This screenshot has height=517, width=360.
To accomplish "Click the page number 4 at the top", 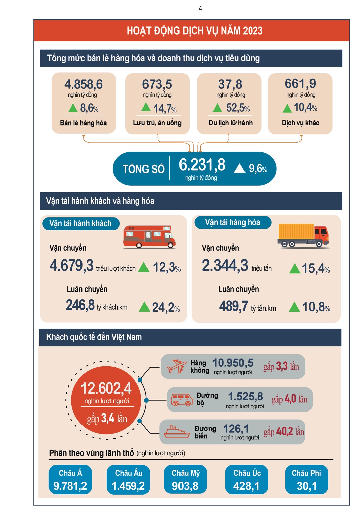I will tap(200, 9).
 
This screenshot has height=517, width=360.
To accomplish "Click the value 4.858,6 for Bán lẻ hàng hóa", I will tap(84, 84).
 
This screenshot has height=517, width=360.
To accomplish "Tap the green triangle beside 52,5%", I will tap(217, 108).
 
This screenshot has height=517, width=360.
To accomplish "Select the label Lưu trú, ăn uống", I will tap(157, 123).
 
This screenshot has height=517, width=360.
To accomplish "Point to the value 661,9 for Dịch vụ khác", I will tap(300, 84).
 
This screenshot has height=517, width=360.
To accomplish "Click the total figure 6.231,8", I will tap(202, 165).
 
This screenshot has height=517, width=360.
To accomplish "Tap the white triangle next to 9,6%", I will tap(239, 168).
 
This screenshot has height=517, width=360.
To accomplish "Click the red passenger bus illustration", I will tap(150, 237).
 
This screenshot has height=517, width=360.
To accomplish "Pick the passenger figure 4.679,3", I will tap(71, 266).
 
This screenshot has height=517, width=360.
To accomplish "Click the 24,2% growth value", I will tap(166, 307).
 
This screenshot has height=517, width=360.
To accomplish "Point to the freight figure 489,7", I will tap(234, 306).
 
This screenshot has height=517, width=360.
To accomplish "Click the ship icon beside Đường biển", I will tap(177, 432).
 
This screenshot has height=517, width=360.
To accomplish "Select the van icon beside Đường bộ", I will tap(182, 400).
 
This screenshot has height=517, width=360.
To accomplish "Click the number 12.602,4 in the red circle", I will tap(106, 389).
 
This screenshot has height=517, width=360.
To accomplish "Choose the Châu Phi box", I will tap(306, 480).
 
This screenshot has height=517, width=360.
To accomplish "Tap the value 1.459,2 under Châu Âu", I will tap(128, 486).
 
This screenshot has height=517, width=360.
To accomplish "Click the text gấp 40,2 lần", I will tap(284, 432).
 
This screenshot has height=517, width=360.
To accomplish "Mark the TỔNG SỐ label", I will tap(143, 169).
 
